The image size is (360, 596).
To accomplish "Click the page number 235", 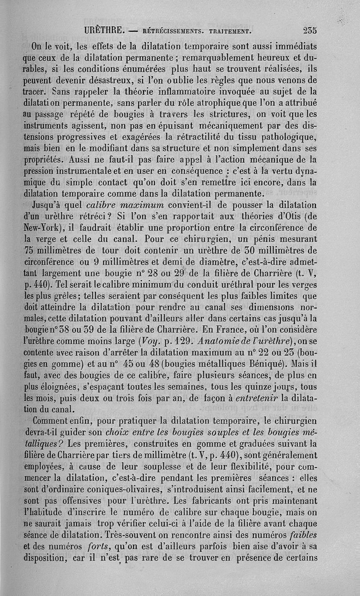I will coord(310,31).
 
